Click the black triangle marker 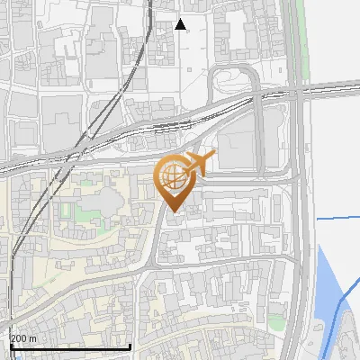pyautogui.click(x=181, y=24)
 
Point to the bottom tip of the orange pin pyautogui.click(x=172, y=212)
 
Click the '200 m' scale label pyautogui.click(x=23, y=338)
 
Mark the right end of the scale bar pyautogui.click(x=130, y=346)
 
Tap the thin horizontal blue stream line pyautogui.click(x=337, y=218)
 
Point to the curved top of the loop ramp pyautogui.click(x=236, y=69)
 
